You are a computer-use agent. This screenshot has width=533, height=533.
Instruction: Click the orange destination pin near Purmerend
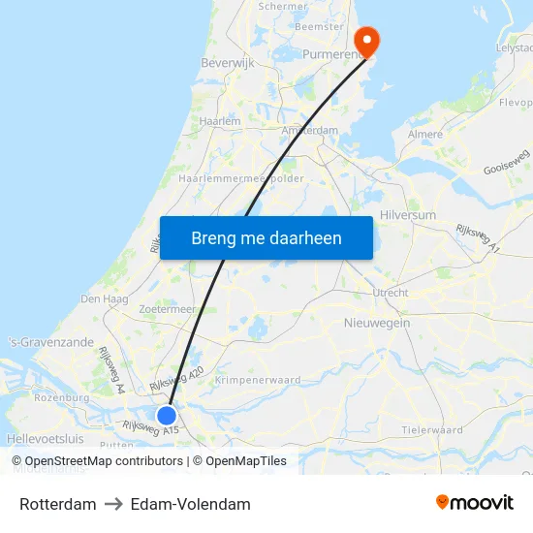click(367, 40)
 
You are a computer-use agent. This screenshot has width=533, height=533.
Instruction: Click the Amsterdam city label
click(309, 131)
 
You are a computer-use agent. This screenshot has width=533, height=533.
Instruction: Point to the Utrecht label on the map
click(390, 292)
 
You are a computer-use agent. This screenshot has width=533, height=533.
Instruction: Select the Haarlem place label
click(219, 121)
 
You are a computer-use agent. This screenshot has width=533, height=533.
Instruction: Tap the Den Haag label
click(104, 299)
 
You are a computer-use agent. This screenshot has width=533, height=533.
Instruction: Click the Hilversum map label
click(408, 215)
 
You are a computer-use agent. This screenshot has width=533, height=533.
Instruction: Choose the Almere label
click(425, 135)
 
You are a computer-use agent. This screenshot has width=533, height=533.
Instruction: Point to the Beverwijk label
click(226, 63)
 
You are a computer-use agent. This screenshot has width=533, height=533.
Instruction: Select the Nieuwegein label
click(377, 323)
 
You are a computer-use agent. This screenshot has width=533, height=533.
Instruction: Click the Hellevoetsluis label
click(45, 439)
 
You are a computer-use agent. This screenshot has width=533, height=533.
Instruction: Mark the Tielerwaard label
click(432, 429)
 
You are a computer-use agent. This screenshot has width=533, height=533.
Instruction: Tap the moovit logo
click(475, 503)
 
